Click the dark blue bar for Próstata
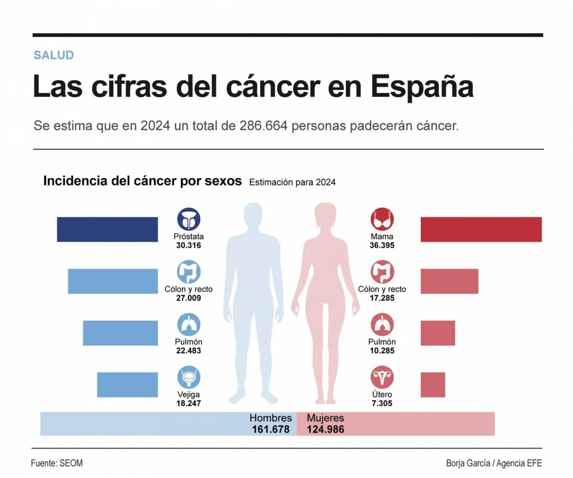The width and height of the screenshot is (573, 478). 107,229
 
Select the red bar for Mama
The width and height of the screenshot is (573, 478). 481,229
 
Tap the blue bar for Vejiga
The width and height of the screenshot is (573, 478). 127,385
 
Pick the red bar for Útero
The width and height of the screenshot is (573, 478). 433,385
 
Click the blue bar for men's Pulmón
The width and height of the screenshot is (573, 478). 120,333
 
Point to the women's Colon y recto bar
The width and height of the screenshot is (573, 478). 449,281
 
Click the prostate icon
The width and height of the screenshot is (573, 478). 189,219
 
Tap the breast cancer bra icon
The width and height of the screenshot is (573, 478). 382,219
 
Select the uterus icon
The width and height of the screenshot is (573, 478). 382,377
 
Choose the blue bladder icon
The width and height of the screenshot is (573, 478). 189,377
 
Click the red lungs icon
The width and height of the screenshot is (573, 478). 382,325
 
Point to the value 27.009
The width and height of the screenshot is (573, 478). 189,298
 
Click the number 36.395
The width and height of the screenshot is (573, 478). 382,246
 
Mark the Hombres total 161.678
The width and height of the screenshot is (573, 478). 270,429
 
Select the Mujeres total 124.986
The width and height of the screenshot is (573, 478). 326,429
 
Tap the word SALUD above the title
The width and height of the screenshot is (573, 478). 54,55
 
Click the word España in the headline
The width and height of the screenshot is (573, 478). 422,86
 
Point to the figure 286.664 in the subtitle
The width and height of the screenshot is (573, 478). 263,126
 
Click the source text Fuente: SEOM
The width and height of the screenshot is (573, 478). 57,463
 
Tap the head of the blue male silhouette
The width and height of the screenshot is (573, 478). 253,215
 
